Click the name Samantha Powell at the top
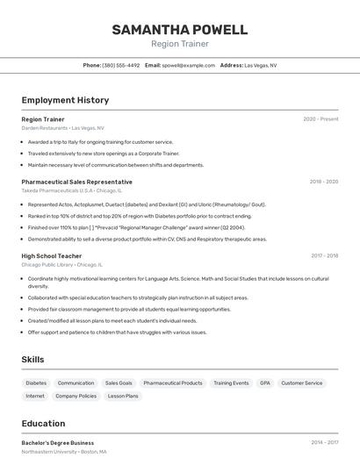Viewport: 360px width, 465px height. coord(179,30)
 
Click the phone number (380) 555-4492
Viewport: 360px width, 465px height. coord(120,65)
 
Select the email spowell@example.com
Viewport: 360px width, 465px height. coord(188,65)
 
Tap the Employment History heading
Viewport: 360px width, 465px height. coord(65,100)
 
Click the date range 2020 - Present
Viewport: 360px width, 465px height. coord(320,118)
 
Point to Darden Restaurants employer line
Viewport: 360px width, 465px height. coord(62,127)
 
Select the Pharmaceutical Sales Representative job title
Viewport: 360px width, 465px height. coord(76,182)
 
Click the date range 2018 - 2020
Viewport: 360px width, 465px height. coord(323,182)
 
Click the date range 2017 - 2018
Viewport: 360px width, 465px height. coord(324,255)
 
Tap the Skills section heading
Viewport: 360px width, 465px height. coord(33,360)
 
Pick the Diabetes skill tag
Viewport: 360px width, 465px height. coord(36,383)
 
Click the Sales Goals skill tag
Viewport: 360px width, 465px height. coord(119,383)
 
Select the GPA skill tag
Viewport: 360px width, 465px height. coord(264,383)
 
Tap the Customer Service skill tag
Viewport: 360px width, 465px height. coord(302,383)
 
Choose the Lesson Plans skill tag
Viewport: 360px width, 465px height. coord(123,396)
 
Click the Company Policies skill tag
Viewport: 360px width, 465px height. coord(76,396)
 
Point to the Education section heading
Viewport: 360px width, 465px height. coord(43,423)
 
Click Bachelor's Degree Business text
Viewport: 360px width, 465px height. coord(57,443)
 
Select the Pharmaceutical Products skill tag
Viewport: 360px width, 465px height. coord(173,383)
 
